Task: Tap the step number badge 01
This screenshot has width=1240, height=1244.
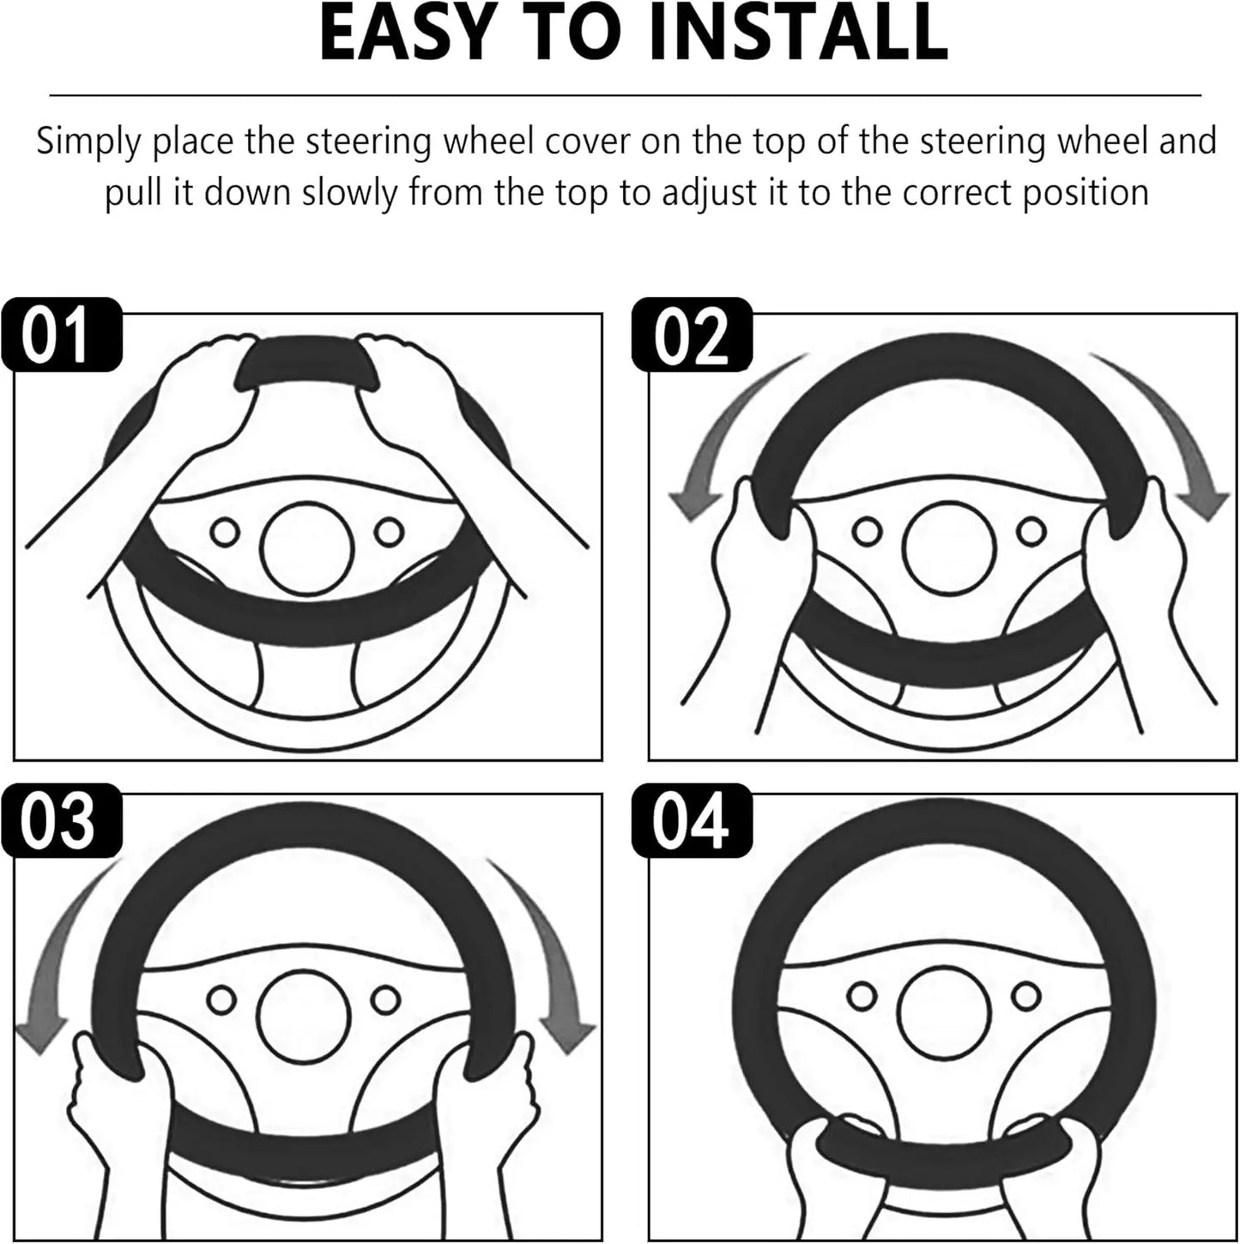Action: point(58,335)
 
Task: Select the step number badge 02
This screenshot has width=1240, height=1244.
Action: point(692,335)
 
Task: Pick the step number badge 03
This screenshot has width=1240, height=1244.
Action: point(58,820)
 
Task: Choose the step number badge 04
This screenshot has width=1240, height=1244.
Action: point(692,820)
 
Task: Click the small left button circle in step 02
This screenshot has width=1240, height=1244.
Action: point(867,532)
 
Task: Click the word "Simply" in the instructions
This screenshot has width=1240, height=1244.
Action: point(86,142)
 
